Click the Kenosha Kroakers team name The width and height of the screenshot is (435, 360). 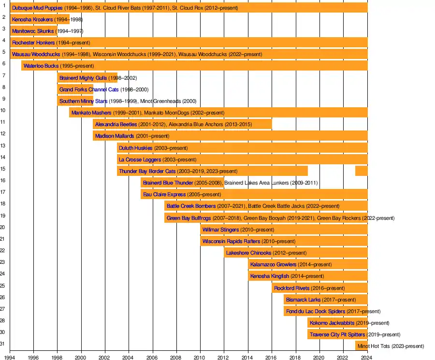coord(32,19)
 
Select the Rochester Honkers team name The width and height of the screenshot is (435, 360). coord(33,43)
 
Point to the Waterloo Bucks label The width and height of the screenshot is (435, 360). coord(41,66)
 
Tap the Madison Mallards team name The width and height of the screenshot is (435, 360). coord(115,136)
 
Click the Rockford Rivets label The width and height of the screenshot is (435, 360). coord(291,288)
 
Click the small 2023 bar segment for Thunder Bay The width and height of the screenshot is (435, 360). coord(362,171)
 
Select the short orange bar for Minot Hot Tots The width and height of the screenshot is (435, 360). coord(362,346)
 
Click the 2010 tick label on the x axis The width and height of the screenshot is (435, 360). coord(200,358)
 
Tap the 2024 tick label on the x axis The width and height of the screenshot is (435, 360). coord(367,358)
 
